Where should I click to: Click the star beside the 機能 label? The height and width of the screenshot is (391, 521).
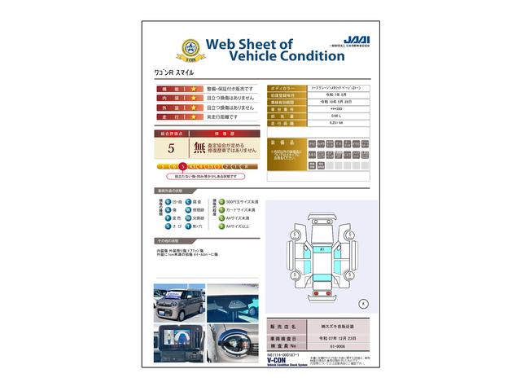click(194, 88)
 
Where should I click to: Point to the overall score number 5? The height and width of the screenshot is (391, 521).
click(171, 148)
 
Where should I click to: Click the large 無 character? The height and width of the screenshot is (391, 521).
click(199, 148)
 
